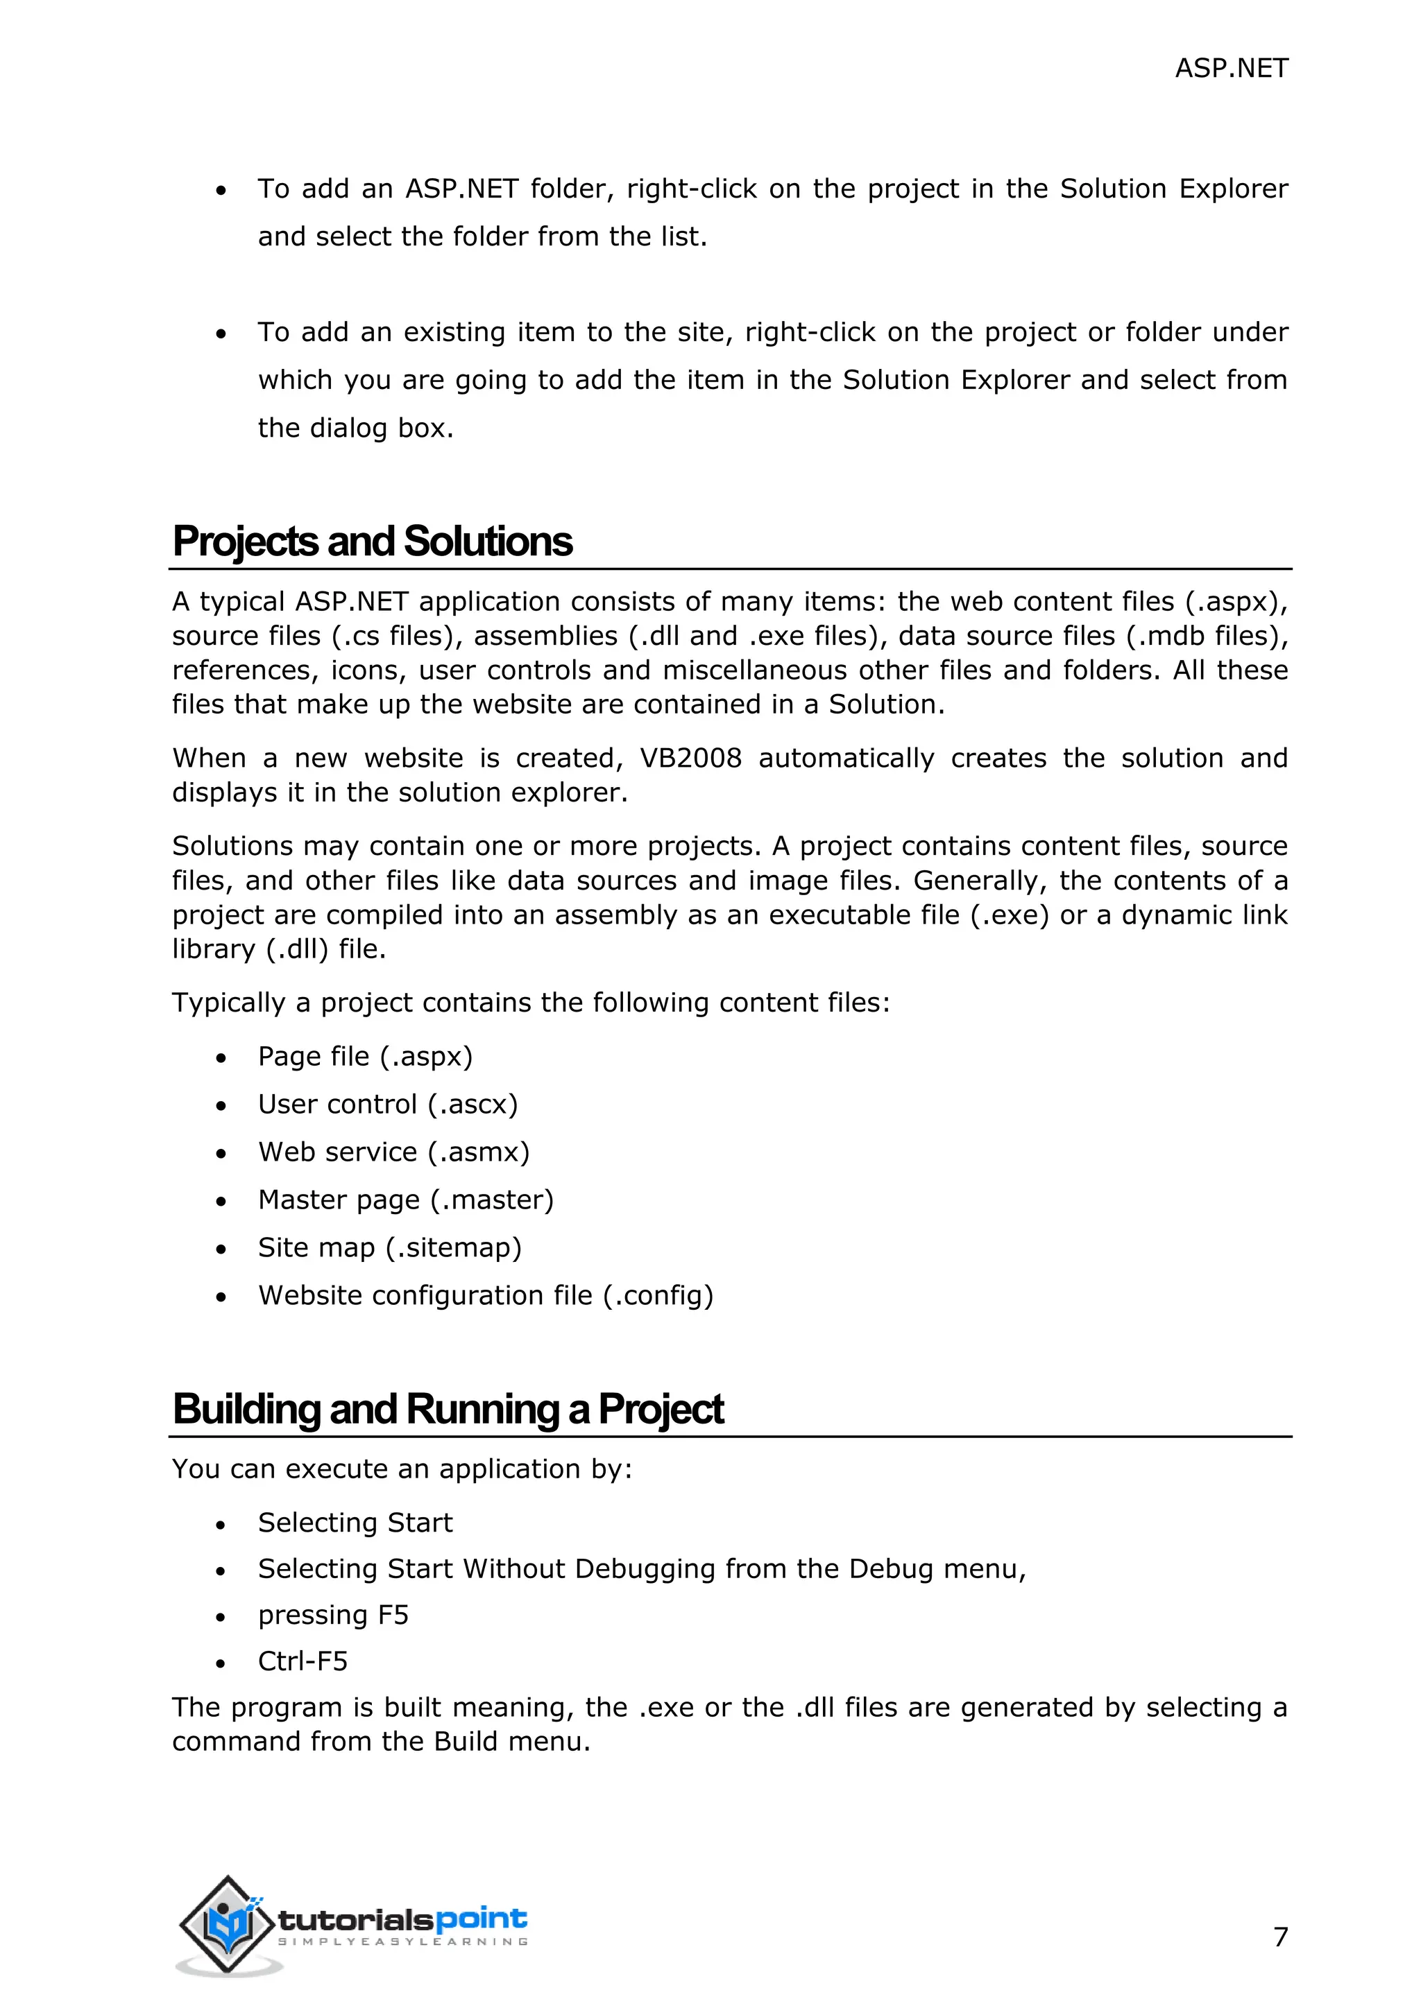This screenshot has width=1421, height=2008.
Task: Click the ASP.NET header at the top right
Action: click(1230, 68)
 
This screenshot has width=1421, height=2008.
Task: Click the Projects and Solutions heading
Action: click(372, 542)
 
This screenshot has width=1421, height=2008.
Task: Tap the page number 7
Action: click(1280, 1937)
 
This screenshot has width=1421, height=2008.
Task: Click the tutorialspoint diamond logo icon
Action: click(228, 1924)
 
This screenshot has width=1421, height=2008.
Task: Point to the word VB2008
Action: click(690, 759)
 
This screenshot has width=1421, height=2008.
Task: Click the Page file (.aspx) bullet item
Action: click(365, 1057)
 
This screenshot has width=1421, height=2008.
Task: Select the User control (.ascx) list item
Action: click(388, 1105)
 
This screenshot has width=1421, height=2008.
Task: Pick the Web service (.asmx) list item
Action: click(393, 1152)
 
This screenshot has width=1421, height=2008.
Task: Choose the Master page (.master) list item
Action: click(406, 1200)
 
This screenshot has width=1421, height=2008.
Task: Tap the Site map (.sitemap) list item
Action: click(389, 1247)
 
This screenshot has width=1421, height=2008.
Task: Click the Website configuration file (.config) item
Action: click(486, 1295)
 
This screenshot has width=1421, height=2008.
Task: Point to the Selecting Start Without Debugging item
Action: click(641, 1569)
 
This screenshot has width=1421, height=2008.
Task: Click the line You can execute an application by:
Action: click(402, 1469)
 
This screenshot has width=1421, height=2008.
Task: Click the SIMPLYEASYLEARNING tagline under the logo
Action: click(402, 1941)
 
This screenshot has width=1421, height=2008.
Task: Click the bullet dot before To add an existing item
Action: click(221, 334)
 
